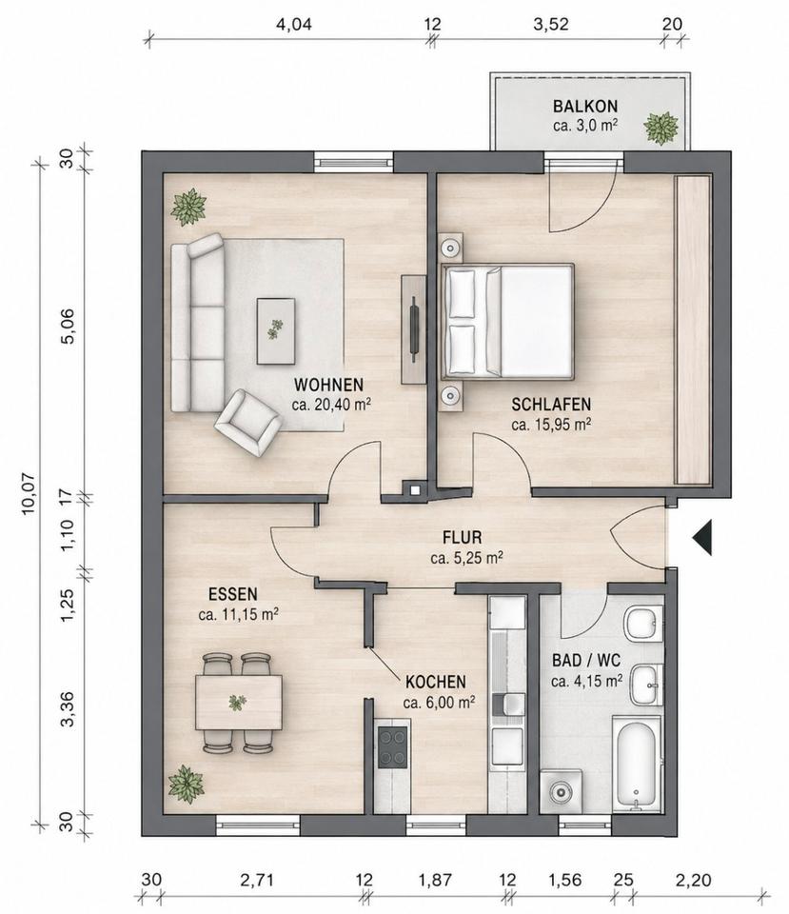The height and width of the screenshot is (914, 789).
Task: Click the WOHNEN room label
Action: click(328, 385)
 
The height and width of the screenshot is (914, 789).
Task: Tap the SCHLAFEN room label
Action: click(551, 404)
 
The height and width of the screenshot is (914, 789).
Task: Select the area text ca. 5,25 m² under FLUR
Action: click(466, 558)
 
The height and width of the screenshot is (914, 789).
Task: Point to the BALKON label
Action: click(585, 106)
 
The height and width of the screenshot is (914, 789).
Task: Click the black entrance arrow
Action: click(702, 537)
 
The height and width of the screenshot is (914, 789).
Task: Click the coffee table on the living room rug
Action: click(276, 331)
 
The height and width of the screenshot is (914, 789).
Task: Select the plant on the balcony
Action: click(661, 127)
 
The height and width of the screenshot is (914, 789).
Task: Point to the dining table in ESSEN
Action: click(238, 703)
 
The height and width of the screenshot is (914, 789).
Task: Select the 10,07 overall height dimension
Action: click(30, 493)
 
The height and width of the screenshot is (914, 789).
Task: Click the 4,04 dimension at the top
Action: click(294, 25)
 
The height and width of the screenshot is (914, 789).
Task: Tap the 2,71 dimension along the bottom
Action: click(257, 879)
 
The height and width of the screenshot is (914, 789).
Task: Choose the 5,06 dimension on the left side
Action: click(68, 326)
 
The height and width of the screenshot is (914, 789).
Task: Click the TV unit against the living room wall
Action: click(414, 329)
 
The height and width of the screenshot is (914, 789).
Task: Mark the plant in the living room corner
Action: click(188, 207)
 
